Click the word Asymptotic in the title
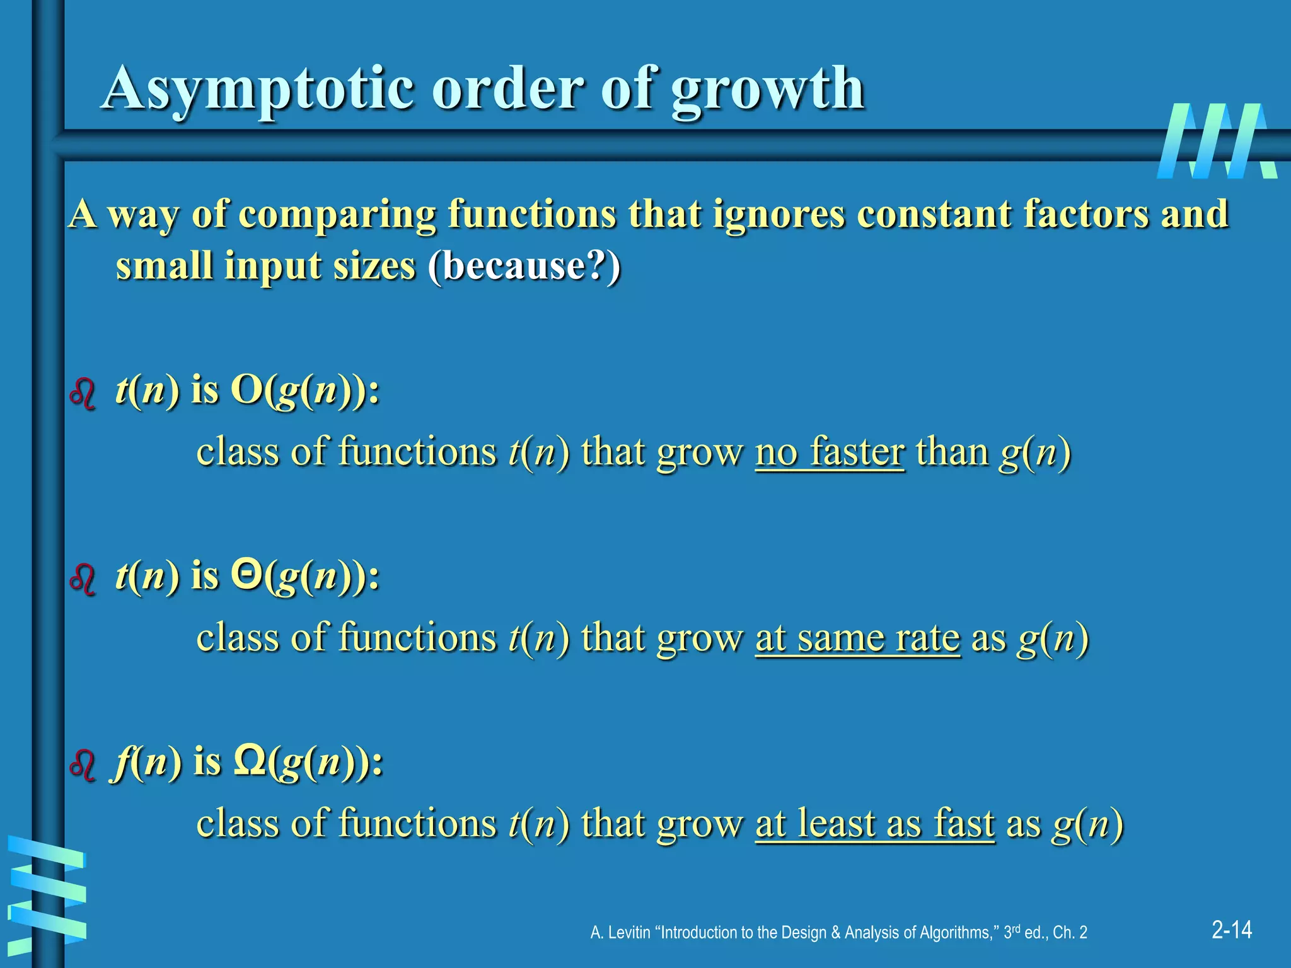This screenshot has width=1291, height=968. (x=258, y=89)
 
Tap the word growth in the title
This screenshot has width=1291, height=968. (x=767, y=89)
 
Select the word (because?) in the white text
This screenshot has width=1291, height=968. (x=524, y=265)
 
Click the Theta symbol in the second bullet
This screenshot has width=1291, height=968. (x=246, y=575)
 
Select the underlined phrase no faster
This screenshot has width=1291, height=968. (x=830, y=452)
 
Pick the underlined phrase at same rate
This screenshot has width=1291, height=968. (x=857, y=637)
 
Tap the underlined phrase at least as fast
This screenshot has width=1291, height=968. (x=875, y=822)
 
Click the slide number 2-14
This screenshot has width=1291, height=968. (x=1232, y=930)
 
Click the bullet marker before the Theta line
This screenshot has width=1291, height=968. (x=83, y=580)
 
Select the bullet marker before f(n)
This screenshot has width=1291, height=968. (x=83, y=765)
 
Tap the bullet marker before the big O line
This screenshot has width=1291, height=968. (x=83, y=395)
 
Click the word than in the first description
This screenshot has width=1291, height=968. (x=952, y=452)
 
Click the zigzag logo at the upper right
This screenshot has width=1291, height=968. (x=1217, y=141)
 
